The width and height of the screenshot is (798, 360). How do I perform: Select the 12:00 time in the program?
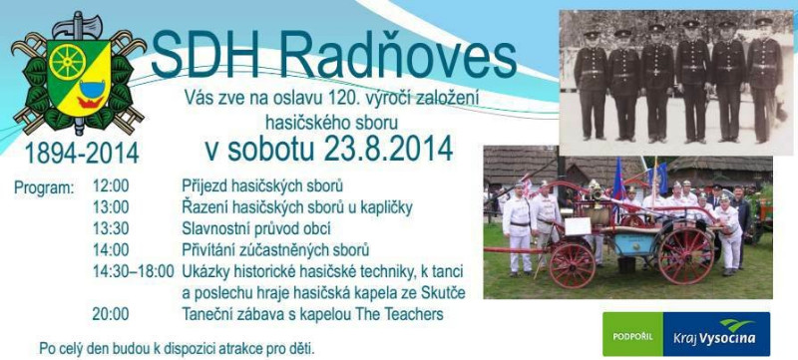pos(110,186)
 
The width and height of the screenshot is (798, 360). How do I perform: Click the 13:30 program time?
pos(110,228)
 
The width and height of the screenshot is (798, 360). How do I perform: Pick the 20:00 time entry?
pos(110,314)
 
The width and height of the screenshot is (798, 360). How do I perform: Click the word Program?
pos(44,187)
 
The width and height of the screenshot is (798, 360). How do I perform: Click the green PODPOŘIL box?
pos(631,335)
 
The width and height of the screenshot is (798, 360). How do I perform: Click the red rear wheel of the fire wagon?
pos(685,255)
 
